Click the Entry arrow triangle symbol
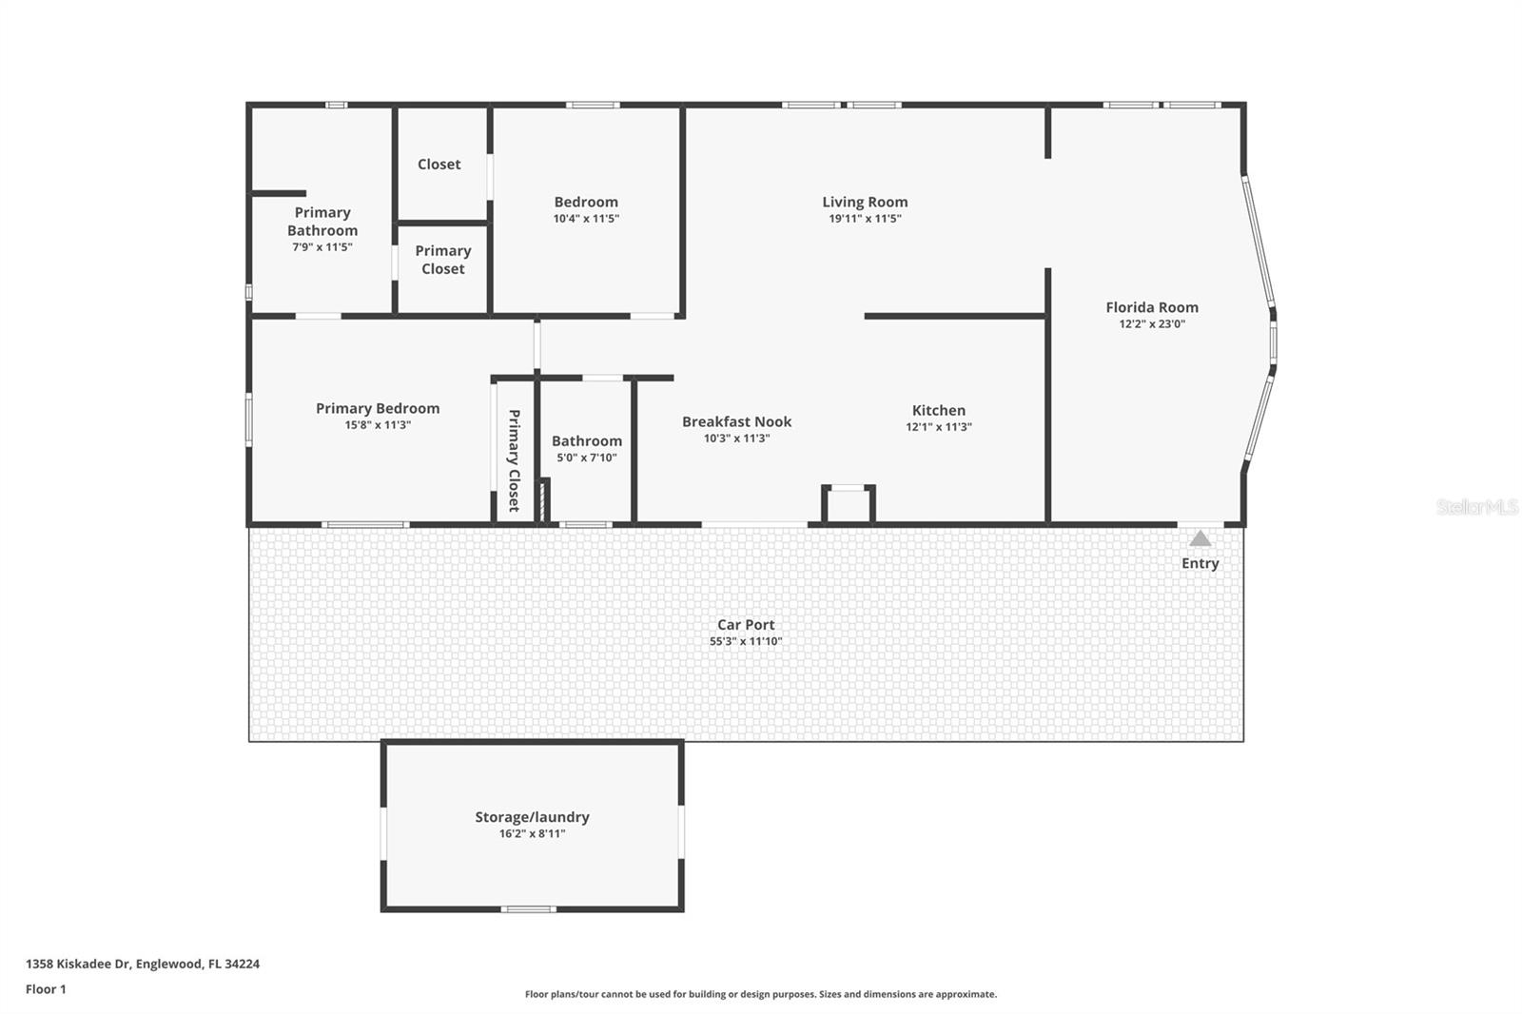pyautogui.click(x=1200, y=539)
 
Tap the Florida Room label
pyautogui.click(x=1151, y=307)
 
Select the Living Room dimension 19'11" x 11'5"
pyautogui.click(x=864, y=219)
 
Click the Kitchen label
pyautogui.click(x=938, y=410)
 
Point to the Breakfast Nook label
pyautogui.click(x=736, y=421)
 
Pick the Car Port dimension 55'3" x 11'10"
pyautogui.click(x=746, y=641)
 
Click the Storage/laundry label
pyautogui.click(x=532, y=817)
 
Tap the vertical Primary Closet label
pyautogui.click(x=514, y=460)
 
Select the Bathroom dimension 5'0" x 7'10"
pyautogui.click(x=586, y=458)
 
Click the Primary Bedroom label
pyautogui.click(x=378, y=408)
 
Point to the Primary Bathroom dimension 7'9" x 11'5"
pyautogui.click(x=322, y=247)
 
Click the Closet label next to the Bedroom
pyautogui.click(x=439, y=165)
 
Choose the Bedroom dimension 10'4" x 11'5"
pyautogui.click(x=586, y=219)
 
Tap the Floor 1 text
pyautogui.click(x=46, y=989)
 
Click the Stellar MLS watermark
pyautogui.click(x=1476, y=507)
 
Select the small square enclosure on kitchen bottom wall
pyautogui.click(x=848, y=504)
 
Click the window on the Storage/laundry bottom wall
pyautogui.click(x=528, y=909)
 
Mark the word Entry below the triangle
pyautogui.click(x=1200, y=563)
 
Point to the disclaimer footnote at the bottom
pyautogui.click(x=760, y=994)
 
